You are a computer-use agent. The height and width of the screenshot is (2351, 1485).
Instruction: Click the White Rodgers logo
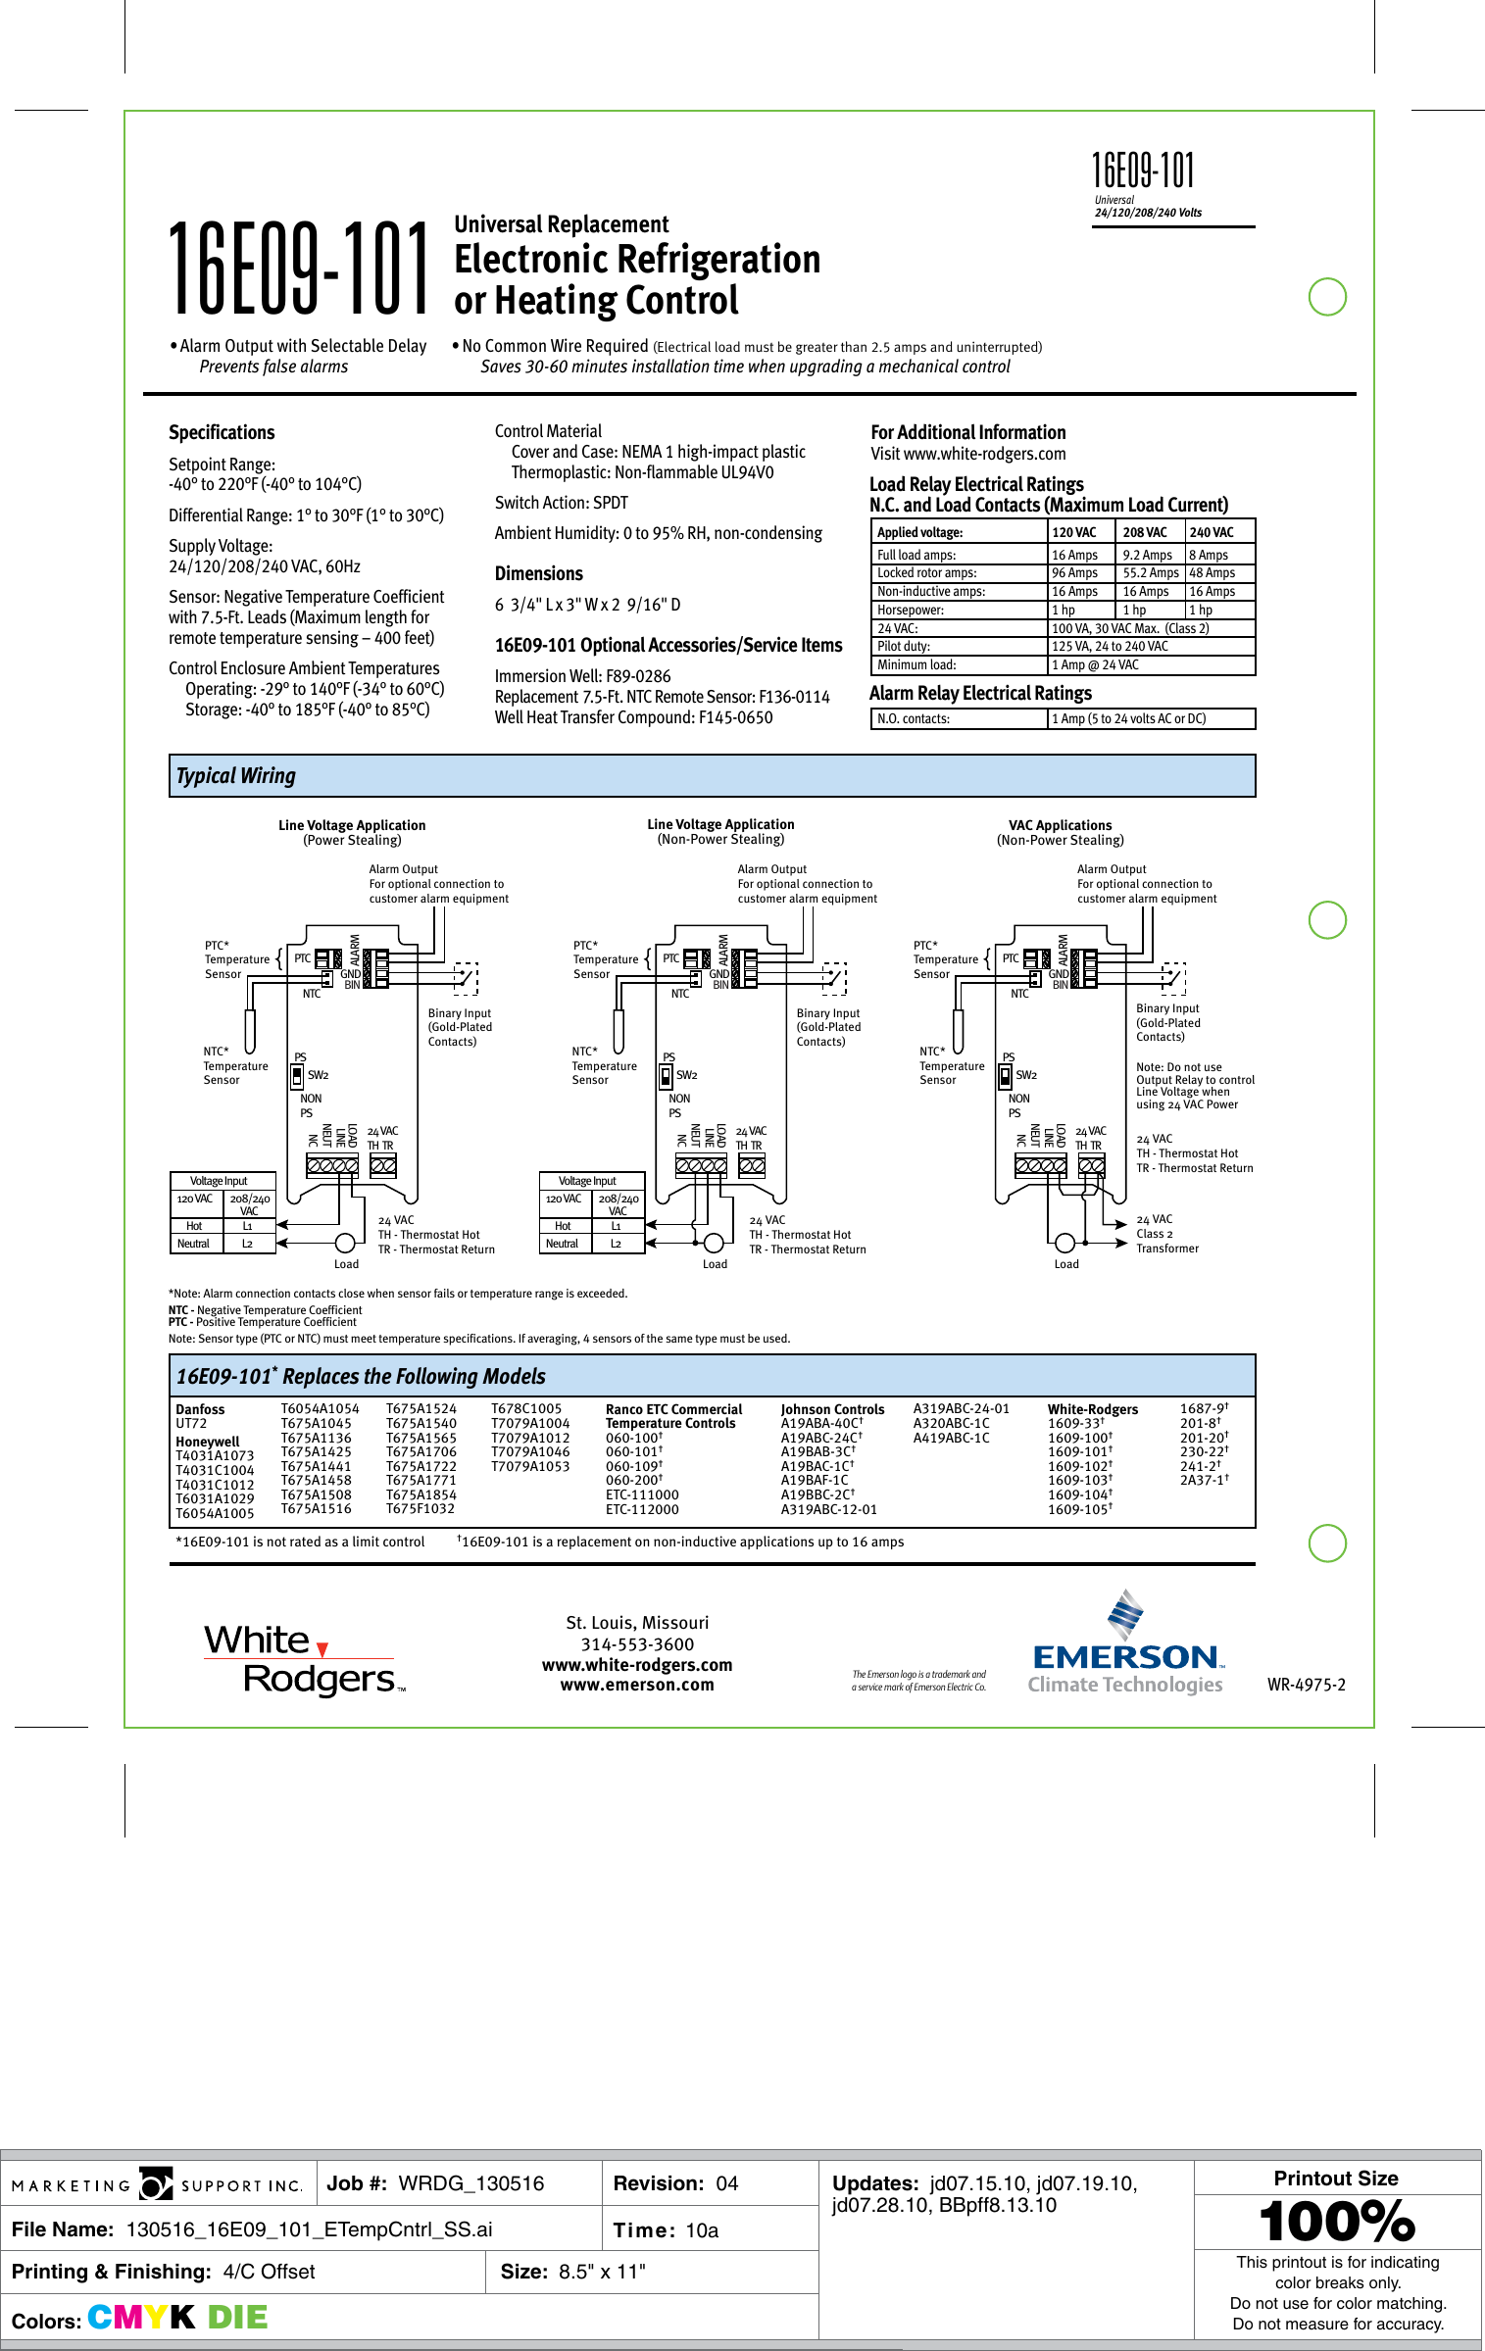tap(304, 1659)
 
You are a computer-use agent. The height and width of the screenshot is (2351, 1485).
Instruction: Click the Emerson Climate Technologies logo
tap(1125, 1646)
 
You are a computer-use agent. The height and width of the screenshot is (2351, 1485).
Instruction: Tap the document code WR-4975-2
tap(1306, 1685)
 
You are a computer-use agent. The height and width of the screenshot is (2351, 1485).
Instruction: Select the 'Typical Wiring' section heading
tap(235, 776)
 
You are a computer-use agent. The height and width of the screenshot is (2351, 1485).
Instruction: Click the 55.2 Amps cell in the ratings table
tap(1150, 573)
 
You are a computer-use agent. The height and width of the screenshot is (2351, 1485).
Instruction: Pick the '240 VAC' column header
tap(1212, 532)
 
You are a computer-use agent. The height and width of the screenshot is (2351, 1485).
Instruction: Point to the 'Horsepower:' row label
tap(911, 610)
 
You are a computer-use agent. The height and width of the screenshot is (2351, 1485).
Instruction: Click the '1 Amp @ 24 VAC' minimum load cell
tap(1095, 664)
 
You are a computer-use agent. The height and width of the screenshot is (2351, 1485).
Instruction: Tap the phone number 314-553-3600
tap(637, 1644)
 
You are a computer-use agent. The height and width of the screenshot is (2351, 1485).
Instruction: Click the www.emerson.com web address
tap(637, 1685)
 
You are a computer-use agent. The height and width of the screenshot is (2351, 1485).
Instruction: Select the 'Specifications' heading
tap(222, 432)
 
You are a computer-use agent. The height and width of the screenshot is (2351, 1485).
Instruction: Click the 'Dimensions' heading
tap(538, 573)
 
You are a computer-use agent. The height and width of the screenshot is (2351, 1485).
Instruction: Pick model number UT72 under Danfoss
tap(191, 1423)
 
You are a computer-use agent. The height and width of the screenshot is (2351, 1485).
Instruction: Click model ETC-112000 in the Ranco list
tap(642, 1509)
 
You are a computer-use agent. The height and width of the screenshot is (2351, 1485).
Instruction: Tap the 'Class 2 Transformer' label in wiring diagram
tap(1166, 1241)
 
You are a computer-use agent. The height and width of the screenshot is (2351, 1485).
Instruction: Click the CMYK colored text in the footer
tap(141, 2317)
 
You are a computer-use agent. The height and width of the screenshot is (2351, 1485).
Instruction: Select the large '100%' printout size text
tap(1336, 2222)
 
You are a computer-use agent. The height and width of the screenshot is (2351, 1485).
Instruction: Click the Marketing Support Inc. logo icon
tap(156, 2184)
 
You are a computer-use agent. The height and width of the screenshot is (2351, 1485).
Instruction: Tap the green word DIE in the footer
tap(237, 2317)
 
